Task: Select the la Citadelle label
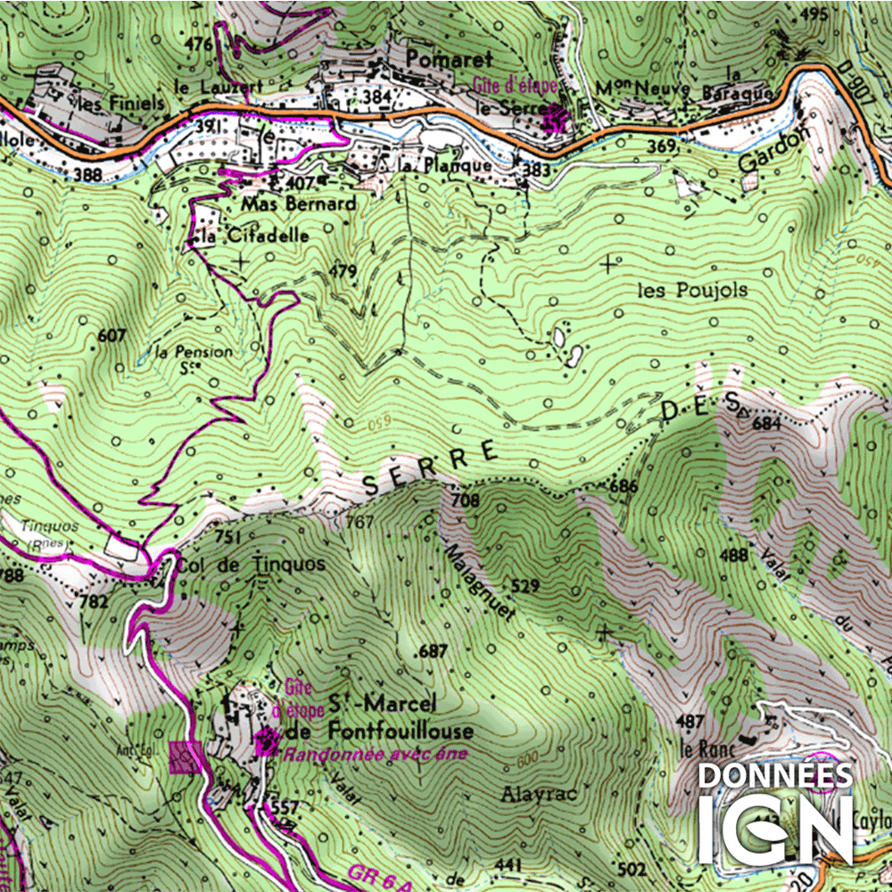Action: click(254, 236)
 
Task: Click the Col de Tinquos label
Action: click(251, 565)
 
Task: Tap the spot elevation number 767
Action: click(359, 522)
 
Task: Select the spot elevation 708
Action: click(465, 500)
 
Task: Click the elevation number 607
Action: click(112, 336)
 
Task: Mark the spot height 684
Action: click(767, 424)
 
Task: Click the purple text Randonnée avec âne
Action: click(375, 755)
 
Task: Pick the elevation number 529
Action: click(526, 586)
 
